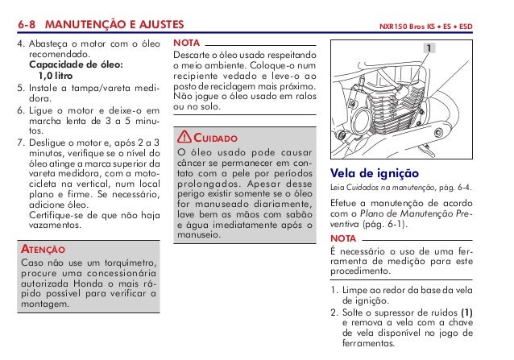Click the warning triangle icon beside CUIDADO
click(x=185, y=139)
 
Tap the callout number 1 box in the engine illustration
click(x=430, y=49)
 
